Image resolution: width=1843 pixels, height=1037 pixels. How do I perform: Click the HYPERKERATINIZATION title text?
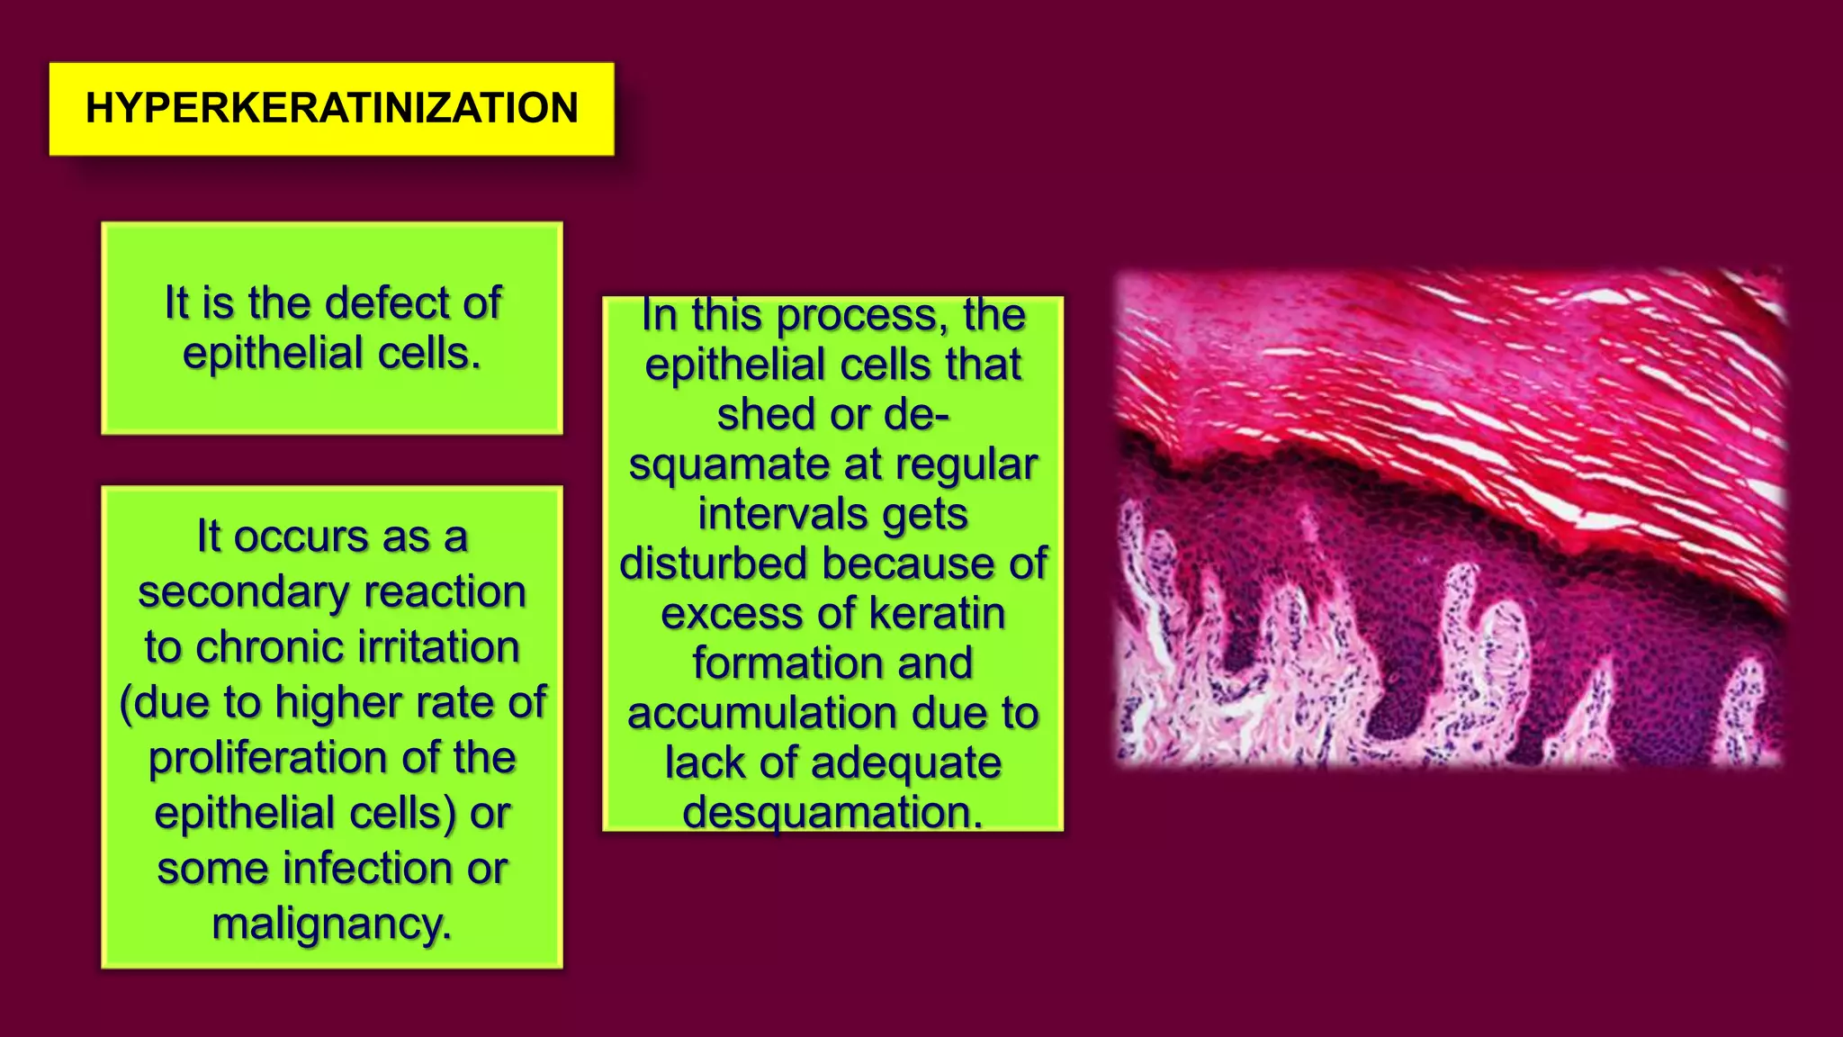pyautogui.click(x=331, y=108)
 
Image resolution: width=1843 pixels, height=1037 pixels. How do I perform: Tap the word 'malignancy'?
pyautogui.click(x=329, y=924)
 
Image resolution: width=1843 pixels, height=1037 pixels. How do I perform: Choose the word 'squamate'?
pyautogui.click(x=729, y=465)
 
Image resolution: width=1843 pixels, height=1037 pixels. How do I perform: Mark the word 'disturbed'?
pyautogui.click(x=713, y=564)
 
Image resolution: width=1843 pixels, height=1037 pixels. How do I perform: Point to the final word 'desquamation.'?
pyautogui.click(x=832, y=813)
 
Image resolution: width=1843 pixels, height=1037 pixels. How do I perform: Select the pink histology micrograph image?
pyautogui.click(x=1449, y=518)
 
